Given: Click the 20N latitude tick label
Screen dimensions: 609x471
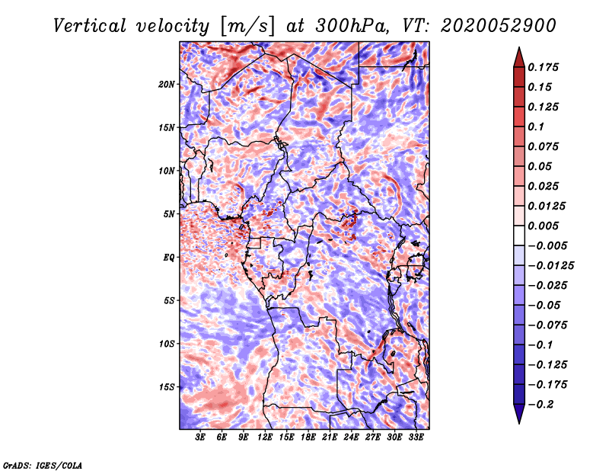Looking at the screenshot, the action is [167, 85].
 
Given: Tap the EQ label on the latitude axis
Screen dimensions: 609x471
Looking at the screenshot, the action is [169, 258].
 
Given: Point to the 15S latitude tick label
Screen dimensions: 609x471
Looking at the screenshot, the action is [167, 387].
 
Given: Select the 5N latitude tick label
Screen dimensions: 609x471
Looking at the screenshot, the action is [169, 214].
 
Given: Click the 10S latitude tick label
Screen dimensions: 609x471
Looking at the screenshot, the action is [167, 344].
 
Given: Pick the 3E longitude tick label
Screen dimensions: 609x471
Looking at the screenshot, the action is [200, 437].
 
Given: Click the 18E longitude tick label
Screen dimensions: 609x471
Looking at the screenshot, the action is [308, 437].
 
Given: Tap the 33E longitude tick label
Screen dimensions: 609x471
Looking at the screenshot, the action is [416, 437].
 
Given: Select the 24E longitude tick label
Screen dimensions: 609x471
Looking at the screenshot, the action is [351, 437].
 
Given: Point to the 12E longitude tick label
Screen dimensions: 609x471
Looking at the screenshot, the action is [265, 437].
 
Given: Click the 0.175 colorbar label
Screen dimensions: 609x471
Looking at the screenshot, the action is [543, 67].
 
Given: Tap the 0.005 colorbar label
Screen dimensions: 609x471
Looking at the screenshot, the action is [543, 226].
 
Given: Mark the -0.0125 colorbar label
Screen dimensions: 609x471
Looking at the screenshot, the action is [550, 266].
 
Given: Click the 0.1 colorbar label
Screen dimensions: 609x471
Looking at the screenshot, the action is [536, 127].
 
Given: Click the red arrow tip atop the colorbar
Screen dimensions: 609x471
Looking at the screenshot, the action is [519, 47].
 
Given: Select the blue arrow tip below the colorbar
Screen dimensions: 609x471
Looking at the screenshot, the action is [519, 423].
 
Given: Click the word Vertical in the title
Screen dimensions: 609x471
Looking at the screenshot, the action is [90, 26].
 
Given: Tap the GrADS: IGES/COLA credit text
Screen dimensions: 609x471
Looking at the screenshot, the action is [43, 465].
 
